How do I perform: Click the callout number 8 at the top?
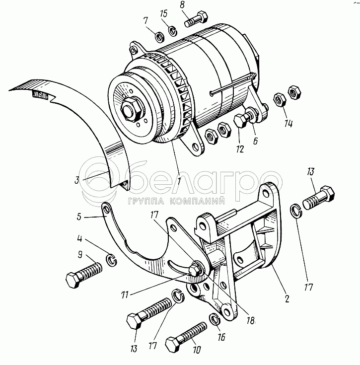coord(183,5)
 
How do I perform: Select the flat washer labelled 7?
coord(159,37)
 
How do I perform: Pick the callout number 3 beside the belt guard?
coord(76,180)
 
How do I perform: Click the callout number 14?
coord(288,123)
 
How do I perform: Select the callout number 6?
coord(255,141)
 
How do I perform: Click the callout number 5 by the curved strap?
coord(79,217)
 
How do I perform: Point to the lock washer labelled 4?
coord(111,260)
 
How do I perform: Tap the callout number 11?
coord(125,294)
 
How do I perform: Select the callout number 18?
coord(250,320)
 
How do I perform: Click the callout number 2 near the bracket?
coord(287,298)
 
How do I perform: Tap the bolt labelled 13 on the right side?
coord(318,198)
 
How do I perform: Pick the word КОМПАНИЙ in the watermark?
coord(197,201)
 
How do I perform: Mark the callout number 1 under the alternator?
coord(179,181)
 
